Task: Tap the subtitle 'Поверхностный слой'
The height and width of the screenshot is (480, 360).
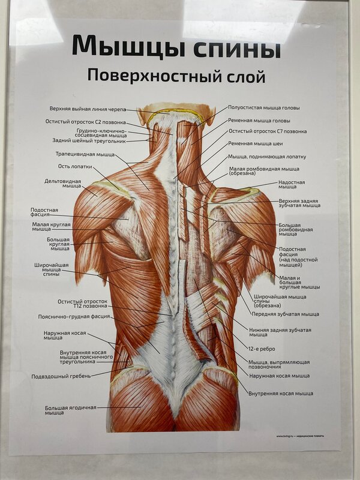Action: coord(176,76)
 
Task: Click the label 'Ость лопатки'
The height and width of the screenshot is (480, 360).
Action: coord(75,167)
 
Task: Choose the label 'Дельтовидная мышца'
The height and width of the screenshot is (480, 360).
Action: coord(63,184)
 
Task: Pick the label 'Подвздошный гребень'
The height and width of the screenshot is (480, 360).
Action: coord(61,377)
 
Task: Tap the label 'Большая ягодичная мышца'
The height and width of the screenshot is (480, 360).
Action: coord(70,410)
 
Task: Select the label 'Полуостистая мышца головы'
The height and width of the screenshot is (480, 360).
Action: coord(264,108)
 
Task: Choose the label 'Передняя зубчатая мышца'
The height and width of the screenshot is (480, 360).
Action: coord(286,314)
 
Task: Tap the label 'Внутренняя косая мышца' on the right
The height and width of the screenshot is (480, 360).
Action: coord(281,393)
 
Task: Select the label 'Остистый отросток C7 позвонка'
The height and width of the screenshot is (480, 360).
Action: coord(268,131)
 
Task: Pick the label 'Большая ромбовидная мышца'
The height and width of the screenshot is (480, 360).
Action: coord(296,230)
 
